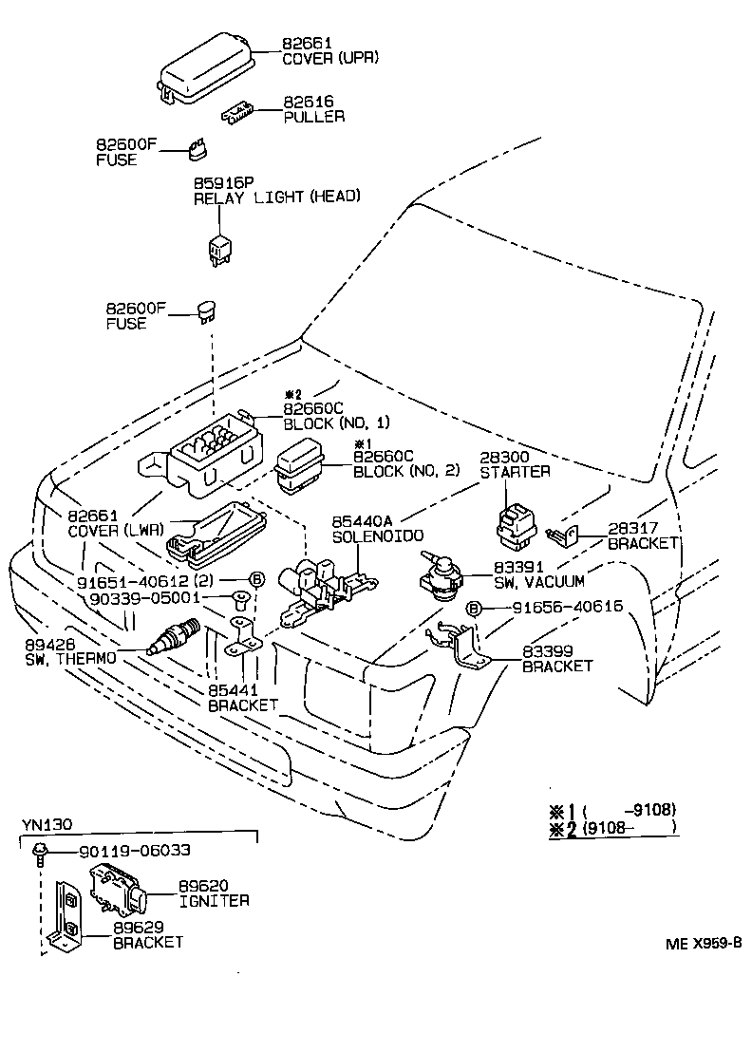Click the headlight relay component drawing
[219, 249]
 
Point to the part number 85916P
[223, 182]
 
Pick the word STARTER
[515, 472]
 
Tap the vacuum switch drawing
[440, 578]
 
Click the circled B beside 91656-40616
[474, 608]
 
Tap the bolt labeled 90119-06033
[40, 852]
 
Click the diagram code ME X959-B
[702, 943]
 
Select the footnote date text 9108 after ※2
[608, 828]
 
